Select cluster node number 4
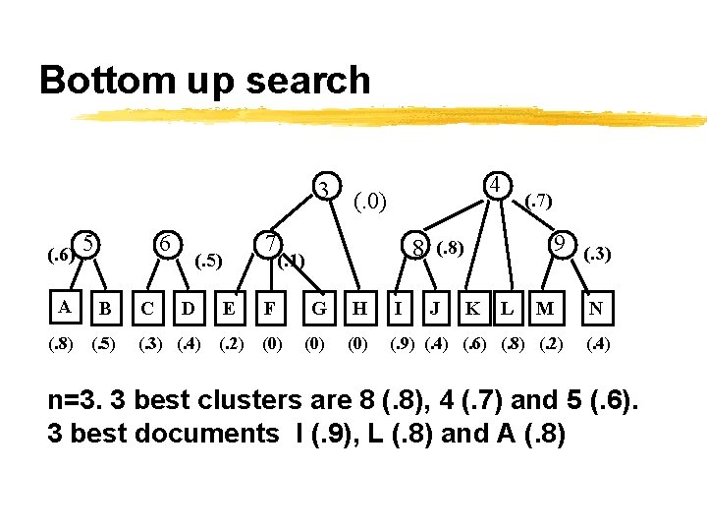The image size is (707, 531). [498, 185]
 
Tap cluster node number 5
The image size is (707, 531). [88, 242]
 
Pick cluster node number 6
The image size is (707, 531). [167, 243]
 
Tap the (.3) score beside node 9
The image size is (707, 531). [598, 255]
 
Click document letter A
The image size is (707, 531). [64, 307]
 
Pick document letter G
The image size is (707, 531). [319, 308]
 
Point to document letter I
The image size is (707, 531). [398, 308]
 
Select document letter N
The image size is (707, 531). [596, 308]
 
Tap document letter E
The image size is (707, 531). [228, 308]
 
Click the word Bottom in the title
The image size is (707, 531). [102, 80]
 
